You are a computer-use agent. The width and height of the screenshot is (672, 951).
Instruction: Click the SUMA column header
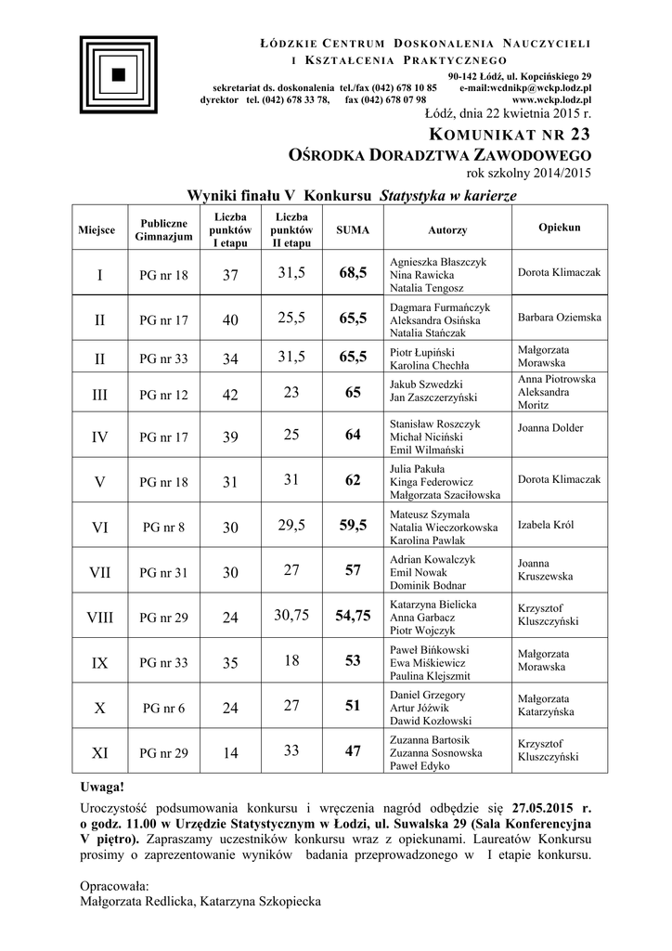[352, 229]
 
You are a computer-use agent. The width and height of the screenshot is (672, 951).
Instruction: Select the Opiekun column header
[560, 227]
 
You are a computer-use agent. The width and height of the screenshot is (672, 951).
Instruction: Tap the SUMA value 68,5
[353, 273]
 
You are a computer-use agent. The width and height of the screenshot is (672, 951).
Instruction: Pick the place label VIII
[100, 616]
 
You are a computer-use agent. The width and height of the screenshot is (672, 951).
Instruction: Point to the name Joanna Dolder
[550, 429]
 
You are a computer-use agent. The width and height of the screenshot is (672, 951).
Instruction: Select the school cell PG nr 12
[163, 395]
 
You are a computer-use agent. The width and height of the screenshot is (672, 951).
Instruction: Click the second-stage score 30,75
[291, 615]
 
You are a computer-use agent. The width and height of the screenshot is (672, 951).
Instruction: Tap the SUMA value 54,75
[353, 616]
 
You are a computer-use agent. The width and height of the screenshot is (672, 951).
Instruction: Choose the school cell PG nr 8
[163, 528]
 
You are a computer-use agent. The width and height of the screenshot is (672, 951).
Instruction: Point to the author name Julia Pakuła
[418, 468]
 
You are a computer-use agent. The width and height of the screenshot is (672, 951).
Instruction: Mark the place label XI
[100, 752]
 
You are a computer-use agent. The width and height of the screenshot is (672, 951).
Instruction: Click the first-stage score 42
[230, 395]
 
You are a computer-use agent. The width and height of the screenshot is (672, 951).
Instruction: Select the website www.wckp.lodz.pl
[552, 98]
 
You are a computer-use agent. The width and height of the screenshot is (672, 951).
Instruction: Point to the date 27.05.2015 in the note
[540, 806]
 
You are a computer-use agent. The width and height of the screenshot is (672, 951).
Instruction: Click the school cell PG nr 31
[163, 573]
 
